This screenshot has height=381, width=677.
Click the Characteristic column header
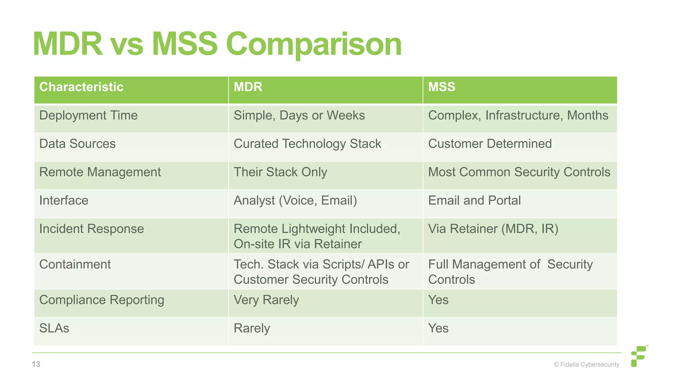(x=81, y=87)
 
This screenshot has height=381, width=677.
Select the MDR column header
(x=248, y=87)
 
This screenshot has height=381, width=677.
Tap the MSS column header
(x=442, y=87)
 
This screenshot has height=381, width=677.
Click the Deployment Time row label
(x=88, y=115)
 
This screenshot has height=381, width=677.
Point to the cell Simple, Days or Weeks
(x=299, y=115)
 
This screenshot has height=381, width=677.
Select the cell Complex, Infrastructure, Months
(x=518, y=115)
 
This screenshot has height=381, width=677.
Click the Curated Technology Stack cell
(x=307, y=144)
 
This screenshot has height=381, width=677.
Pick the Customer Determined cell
(x=490, y=144)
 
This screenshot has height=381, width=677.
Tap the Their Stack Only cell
(x=280, y=172)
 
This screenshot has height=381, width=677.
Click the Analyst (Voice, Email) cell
(x=295, y=201)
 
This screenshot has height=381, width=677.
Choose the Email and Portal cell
(x=474, y=201)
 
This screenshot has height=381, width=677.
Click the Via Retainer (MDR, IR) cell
(x=493, y=229)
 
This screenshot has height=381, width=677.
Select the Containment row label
(x=75, y=265)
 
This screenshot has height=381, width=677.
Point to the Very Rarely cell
(x=266, y=300)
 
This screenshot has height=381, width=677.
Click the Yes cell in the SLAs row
(x=438, y=328)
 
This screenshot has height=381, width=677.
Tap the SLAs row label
(x=54, y=328)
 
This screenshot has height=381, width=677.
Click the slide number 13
(x=36, y=364)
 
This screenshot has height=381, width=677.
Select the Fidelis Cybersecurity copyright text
(x=586, y=364)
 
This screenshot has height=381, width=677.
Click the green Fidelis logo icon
(x=639, y=356)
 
